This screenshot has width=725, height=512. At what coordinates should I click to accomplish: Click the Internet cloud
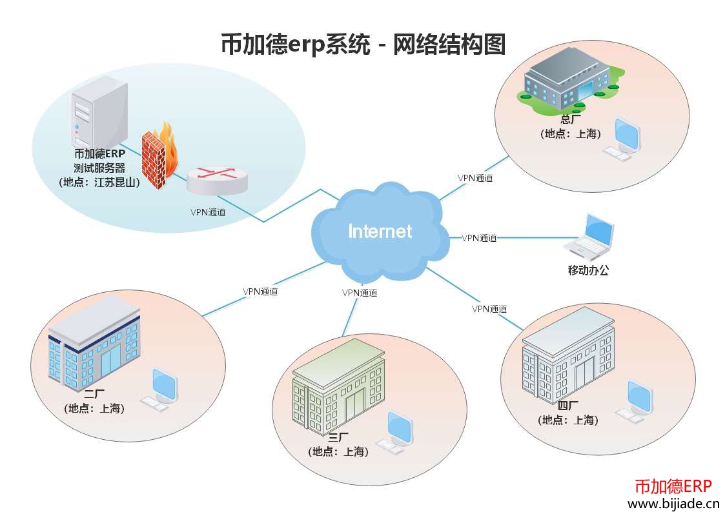tap(380, 231)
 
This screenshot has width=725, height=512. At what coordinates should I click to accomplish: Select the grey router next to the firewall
tap(217, 179)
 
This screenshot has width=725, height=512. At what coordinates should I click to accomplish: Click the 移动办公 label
tap(588, 270)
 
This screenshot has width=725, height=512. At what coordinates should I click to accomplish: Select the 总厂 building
tap(566, 83)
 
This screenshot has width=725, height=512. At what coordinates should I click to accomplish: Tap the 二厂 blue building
tap(94, 342)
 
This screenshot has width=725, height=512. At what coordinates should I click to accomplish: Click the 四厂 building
tap(567, 357)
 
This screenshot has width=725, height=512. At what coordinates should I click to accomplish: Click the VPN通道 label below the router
tap(208, 212)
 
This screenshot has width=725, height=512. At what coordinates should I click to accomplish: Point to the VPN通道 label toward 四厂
tap(489, 309)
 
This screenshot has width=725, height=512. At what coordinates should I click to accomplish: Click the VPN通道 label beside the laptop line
tap(479, 238)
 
